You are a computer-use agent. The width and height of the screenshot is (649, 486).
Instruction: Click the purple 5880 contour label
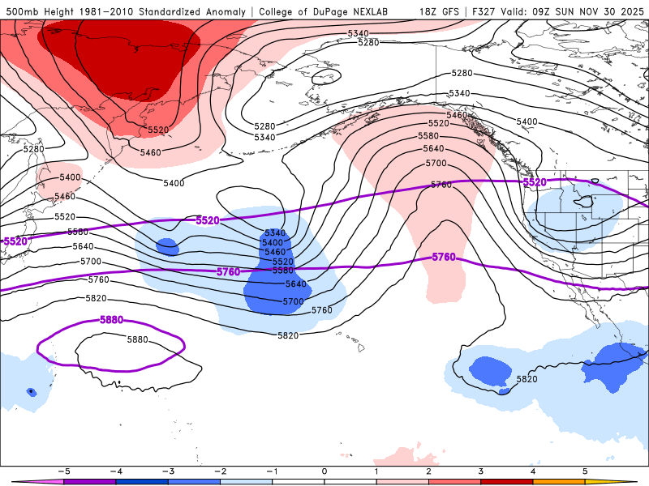pos(111,320)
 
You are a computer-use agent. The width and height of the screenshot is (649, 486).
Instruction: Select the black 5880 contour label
pos(138,339)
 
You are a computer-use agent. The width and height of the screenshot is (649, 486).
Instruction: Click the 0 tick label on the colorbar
pos(324,471)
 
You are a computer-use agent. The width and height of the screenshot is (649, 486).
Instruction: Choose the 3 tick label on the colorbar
pos(481,471)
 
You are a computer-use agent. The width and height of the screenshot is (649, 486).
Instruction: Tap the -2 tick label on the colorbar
pos(220,471)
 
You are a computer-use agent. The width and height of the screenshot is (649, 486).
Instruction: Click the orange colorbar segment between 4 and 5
pos(559,481)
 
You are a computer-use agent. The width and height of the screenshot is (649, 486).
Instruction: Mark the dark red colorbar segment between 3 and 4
pos(507,481)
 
